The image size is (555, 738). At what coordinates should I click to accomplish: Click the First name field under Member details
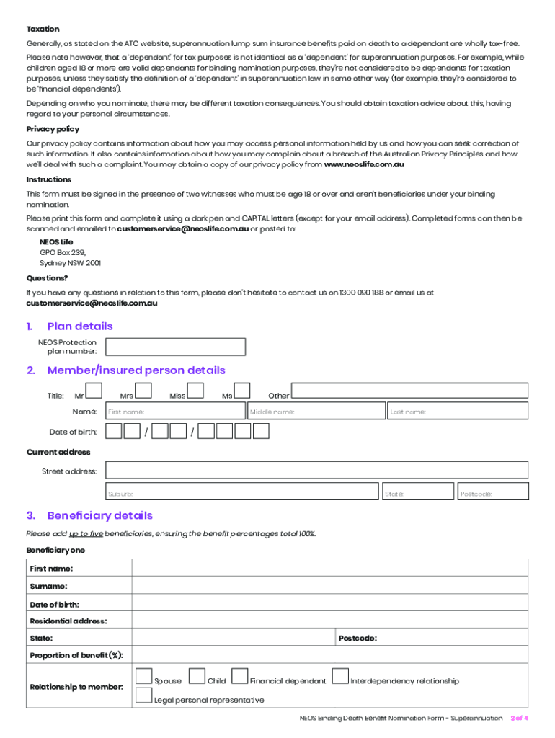(x=175, y=411)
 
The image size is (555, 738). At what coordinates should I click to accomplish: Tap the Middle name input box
(x=316, y=411)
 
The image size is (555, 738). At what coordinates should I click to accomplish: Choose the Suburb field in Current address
(x=241, y=492)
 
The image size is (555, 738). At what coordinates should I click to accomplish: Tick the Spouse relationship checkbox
(x=144, y=677)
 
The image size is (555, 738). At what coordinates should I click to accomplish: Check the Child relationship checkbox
(x=197, y=677)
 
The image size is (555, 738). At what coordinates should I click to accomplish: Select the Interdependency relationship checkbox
(x=340, y=677)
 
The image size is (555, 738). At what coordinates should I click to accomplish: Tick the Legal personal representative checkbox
(x=144, y=695)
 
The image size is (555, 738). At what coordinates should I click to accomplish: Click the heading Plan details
(x=80, y=326)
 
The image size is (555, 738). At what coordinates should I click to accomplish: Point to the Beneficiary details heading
(x=99, y=516)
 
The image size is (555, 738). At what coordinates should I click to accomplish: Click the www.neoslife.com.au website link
(x=364, y=165)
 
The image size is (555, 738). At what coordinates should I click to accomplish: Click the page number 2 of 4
(x=519, y=719)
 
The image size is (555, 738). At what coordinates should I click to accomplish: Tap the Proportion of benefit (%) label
(x=76, y=655)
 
